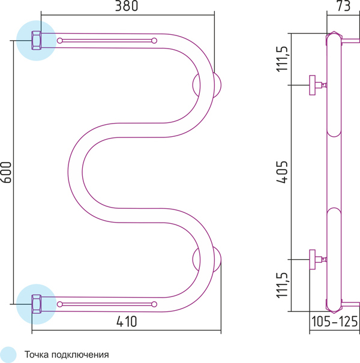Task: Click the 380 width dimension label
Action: (x=127, y=6)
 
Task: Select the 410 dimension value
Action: (x=127, y=322)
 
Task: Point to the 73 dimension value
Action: (x=343, y=6)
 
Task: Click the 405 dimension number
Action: (x=283, y=172)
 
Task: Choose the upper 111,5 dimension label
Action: (x=282, y=59)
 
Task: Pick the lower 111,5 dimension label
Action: (x=282, y=285)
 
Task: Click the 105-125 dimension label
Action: (x=335, y=322)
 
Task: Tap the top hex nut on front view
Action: (x=37, y=41)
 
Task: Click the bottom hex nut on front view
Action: (x=37, y=304)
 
